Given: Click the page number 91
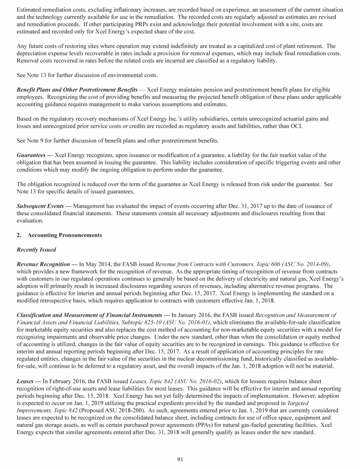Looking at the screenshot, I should click(x=180, y=459).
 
